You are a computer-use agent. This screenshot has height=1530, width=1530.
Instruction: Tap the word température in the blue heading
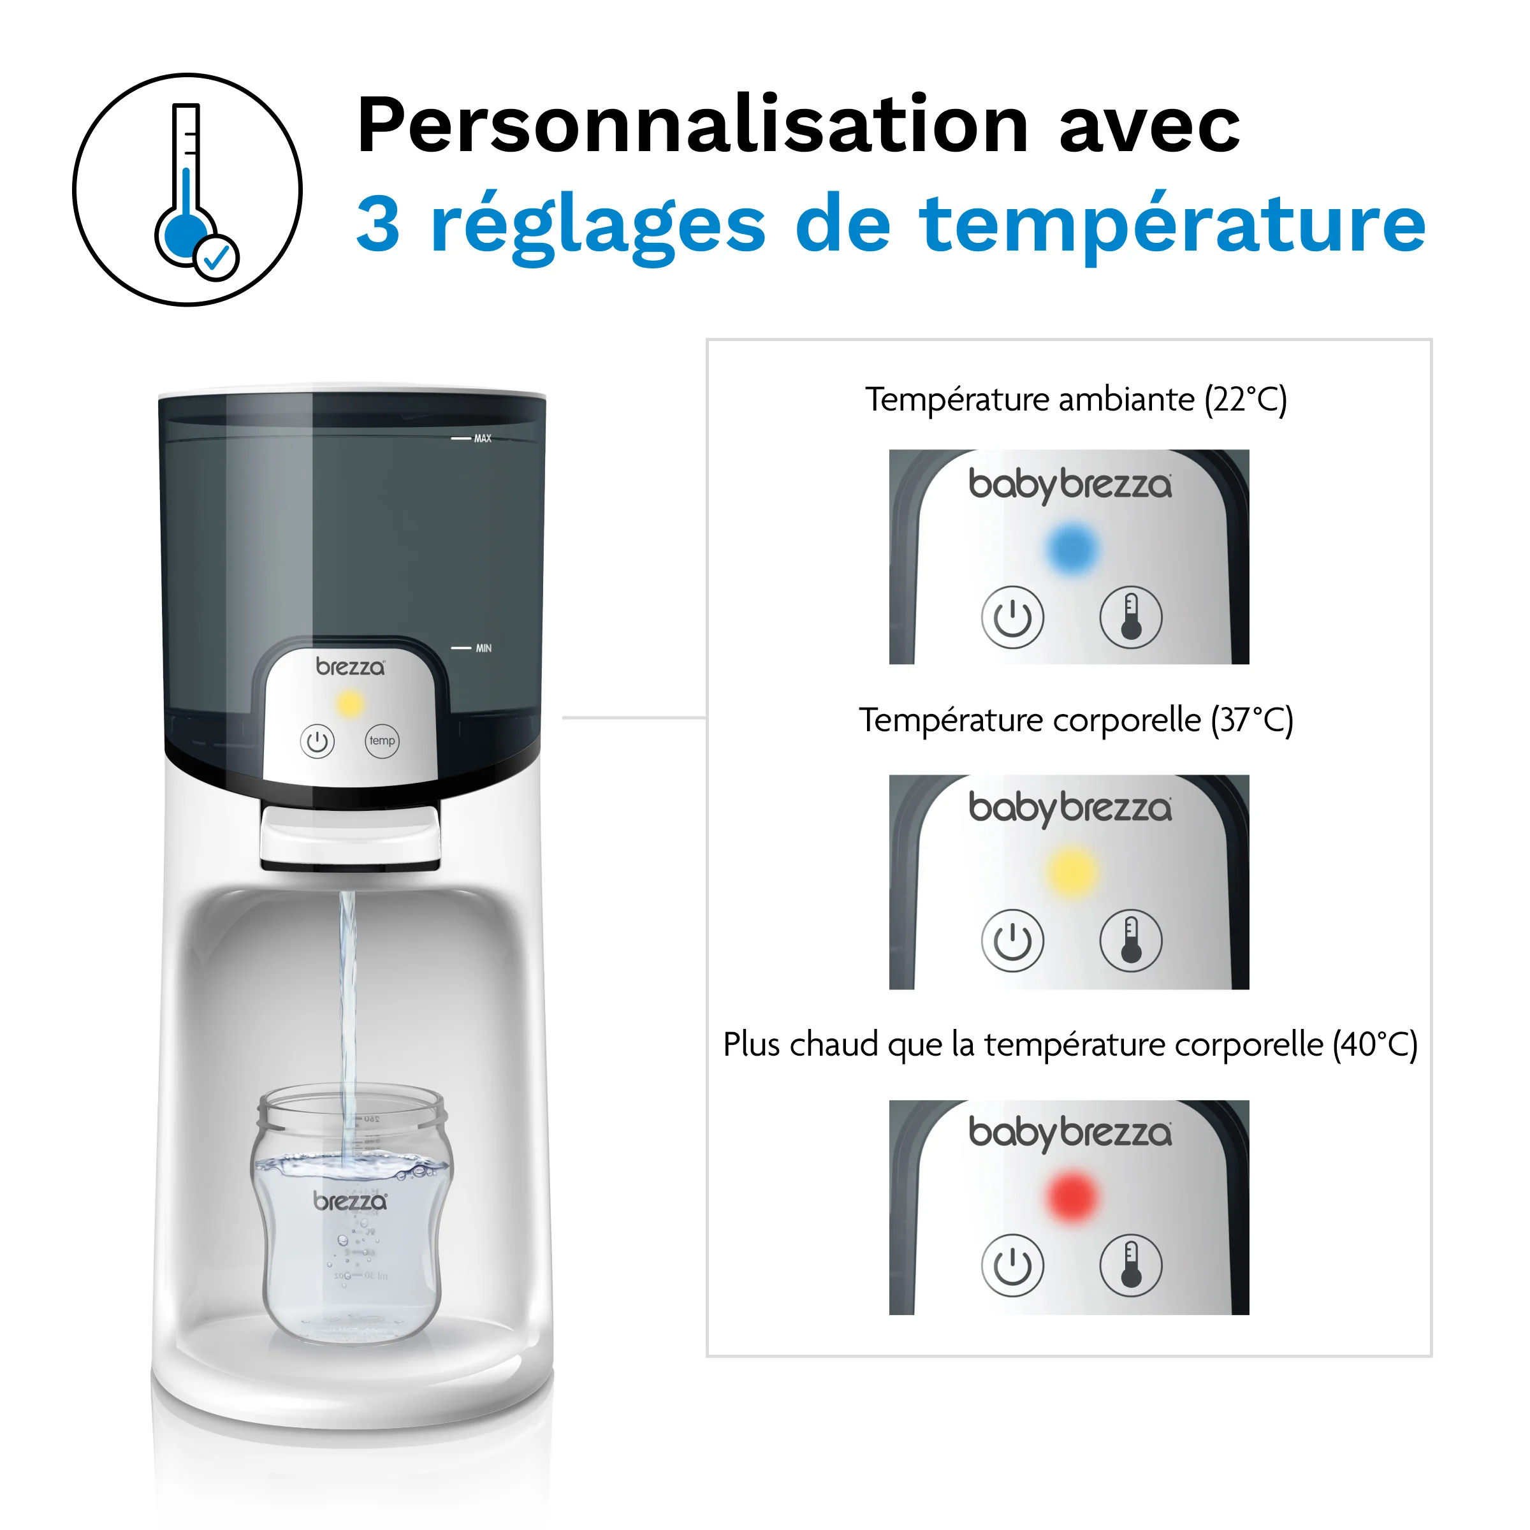pyautogui.click(x=1172, y=225)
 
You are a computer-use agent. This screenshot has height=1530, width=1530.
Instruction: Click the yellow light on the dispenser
pyautogui.click(x=350, y=703)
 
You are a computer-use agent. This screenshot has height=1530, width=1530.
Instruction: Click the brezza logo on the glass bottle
pyautogui.click(x=350, y=1201)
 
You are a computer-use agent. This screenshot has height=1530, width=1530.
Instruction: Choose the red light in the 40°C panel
pyautogui.click(x=1072, y=1197)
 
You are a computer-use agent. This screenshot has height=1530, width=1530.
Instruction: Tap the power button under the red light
pyautogui.click(x=1012, y=1265)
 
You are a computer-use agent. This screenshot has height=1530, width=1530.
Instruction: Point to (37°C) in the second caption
pyautogui.click(x=1251, y=720)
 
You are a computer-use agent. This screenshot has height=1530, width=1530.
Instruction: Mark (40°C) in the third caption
pyautogui.click(x=1375, y=1045)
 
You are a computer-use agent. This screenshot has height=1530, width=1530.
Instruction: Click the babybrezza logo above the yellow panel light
pyautogui.click(x=1069, y=808)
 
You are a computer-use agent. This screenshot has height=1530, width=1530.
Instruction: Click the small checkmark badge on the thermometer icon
pyautogui.click(x=216, y=258)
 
